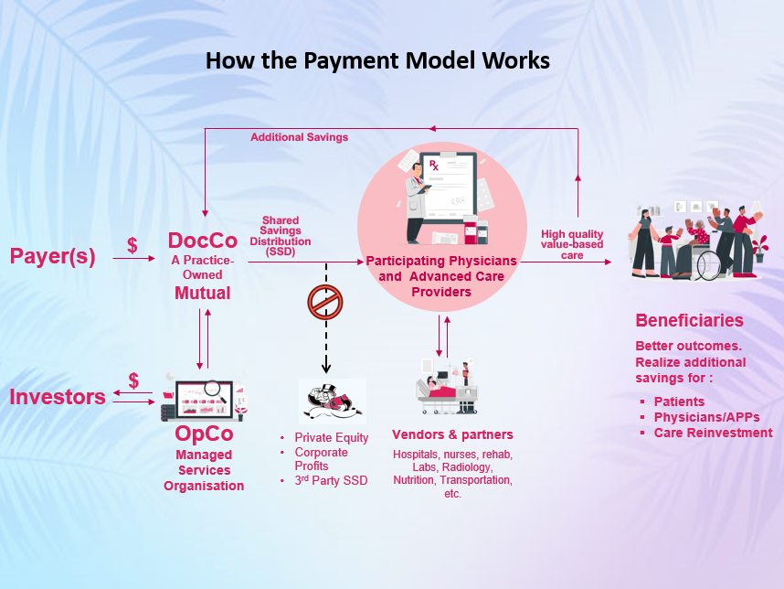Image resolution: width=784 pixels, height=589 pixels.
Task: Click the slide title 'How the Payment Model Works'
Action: click(377, 60)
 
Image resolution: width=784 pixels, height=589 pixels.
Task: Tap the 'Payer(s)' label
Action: click(52, 256)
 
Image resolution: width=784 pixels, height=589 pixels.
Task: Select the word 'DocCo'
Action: click(202, 241)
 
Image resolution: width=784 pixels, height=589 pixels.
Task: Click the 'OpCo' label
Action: click(203, 434)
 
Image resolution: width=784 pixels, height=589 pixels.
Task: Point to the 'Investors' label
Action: click(58, 397)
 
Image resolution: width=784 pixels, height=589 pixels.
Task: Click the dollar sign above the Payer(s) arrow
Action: click(132, 245)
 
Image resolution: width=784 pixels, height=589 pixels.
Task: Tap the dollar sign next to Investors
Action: click(133, 380)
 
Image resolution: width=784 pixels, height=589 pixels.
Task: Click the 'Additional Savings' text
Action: click(299, 137)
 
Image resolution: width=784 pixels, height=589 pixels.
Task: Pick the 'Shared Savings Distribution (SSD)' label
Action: click(281, 236)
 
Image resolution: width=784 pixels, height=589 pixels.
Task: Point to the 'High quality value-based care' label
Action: click(572, 245)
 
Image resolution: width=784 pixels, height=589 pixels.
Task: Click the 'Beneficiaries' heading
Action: click(689, 321)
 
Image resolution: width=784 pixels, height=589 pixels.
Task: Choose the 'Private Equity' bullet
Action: click(331, 438)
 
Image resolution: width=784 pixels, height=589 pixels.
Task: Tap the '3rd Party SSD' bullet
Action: click(331, 480)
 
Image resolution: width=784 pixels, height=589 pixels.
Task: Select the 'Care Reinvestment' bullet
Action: click(713, 433)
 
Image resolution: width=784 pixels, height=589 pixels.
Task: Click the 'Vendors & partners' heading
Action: click(452, 434)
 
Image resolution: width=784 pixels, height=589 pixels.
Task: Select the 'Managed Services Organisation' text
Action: click(204, 470)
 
